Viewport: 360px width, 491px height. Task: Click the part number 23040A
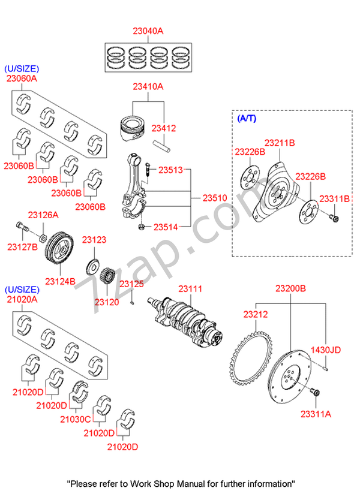(x=148, y=31)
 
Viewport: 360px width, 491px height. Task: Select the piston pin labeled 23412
(x=162, y=146)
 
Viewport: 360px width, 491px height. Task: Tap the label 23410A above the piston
(x=148, y=86)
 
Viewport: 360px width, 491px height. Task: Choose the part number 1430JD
(x=326, y=350)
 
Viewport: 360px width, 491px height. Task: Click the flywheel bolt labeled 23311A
(x=316, y=392)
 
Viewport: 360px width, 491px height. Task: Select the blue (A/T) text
(x=247, y=118)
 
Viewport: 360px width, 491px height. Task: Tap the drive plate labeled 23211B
(x=277, y=192)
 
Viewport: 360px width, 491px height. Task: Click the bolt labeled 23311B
(x=334, y=217)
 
